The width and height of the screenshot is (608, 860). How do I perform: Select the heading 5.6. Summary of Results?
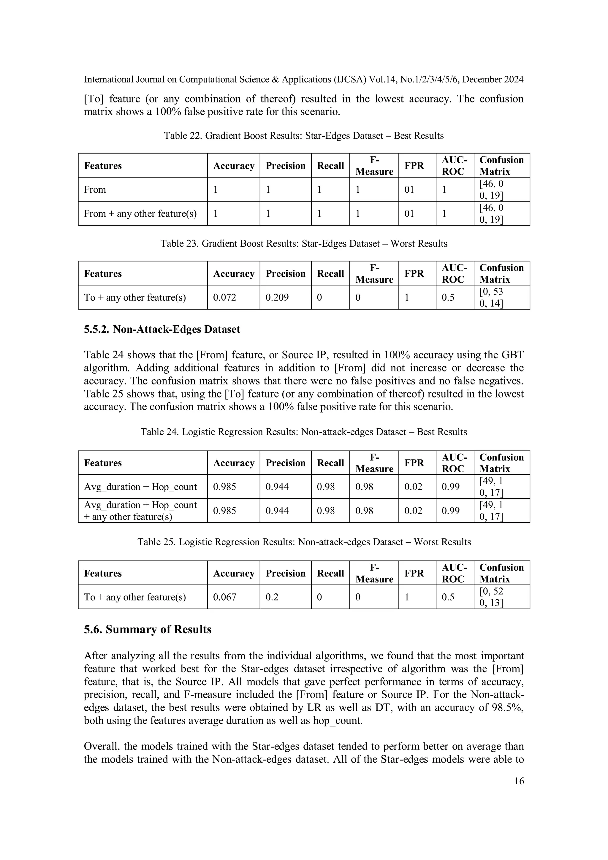[x=148, y=629]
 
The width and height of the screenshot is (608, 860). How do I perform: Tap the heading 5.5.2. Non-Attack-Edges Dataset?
[x=162, y=329]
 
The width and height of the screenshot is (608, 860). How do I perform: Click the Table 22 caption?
[x=303, y=136]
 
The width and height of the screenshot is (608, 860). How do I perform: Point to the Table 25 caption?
[x=304, y=542]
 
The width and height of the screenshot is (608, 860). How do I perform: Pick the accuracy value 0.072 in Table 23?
[x=225, y=297]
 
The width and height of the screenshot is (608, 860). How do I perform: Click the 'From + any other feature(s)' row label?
[x=140, y=213]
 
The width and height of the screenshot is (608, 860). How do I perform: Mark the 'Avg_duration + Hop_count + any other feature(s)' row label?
[x=140, y=511]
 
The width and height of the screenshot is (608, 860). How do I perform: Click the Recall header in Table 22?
[x=330, y=166]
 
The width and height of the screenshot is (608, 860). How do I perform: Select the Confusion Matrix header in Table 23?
[x=501, y=273]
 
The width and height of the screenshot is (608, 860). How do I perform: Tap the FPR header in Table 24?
[x=414, y=463]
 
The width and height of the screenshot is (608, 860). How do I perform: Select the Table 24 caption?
[x=303, y=432]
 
